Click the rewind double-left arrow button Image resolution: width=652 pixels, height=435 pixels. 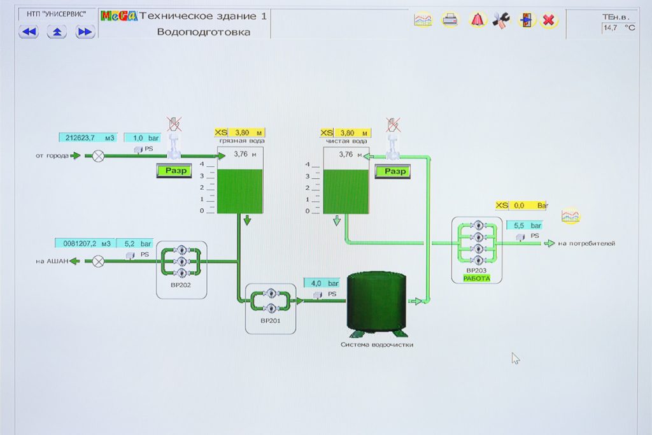coord(29,32)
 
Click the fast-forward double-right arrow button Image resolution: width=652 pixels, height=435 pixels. coord(85,32)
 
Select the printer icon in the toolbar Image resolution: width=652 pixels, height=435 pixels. coord(450,20)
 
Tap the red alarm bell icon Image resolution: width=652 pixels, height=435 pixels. coord(477,20)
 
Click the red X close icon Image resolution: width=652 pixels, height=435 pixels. coord(548,20)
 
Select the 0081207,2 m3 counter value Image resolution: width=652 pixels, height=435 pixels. coord(83,243)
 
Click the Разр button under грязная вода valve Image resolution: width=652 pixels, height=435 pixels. coord(174,171)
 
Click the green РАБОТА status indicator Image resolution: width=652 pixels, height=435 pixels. coord(477,278)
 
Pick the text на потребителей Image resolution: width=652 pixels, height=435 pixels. coord(586,243)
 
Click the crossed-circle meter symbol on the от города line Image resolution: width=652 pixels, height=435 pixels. coord(98,155)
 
